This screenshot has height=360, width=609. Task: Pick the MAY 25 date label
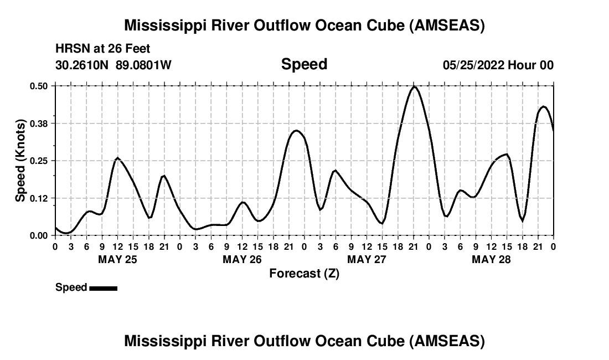point(117,259)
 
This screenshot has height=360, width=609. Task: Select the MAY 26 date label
point(242,259)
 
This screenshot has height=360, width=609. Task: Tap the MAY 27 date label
point(367,259)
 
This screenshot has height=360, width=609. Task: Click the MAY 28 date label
point(491,259)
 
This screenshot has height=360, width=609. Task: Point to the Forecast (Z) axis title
point(304,273)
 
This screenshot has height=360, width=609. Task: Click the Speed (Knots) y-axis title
point(20,161)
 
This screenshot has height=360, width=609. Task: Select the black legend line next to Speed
point(103,288)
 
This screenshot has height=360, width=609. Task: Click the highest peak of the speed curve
point(414,86)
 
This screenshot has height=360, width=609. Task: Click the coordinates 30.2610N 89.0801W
point(113,65)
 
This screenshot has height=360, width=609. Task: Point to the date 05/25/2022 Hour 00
point(498,65)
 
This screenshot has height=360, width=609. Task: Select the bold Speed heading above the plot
point(304,64)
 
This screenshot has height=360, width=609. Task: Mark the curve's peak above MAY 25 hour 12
point(117,158)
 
